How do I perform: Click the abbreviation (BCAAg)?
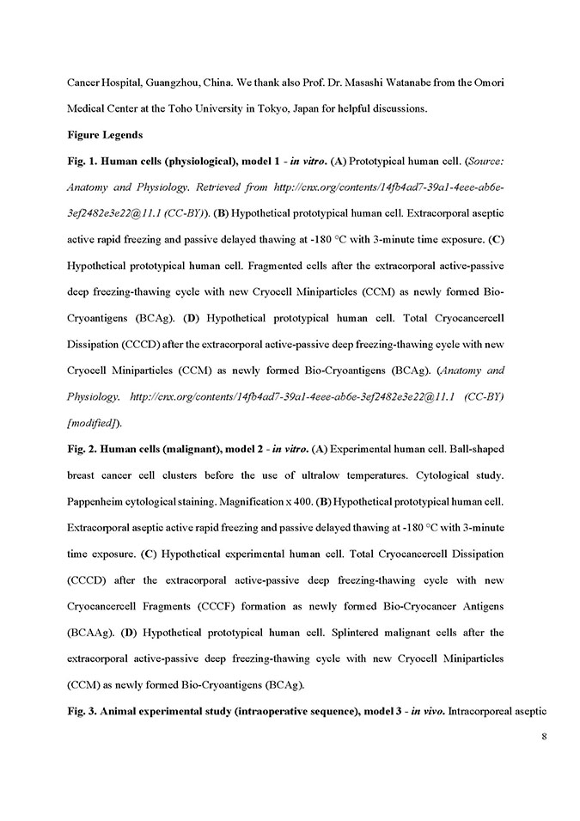(90, 633)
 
